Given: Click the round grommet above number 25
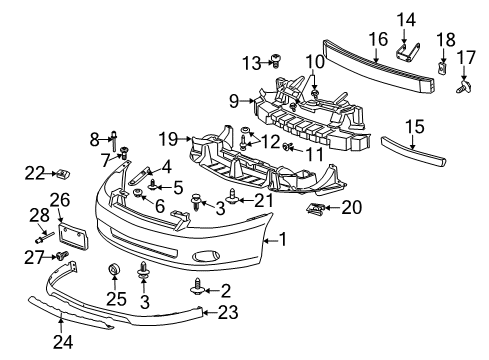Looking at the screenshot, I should [114, 269].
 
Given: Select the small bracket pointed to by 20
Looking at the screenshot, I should [317, 208].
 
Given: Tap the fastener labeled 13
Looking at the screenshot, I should [273, 62].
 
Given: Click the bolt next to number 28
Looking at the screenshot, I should [46, 239].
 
